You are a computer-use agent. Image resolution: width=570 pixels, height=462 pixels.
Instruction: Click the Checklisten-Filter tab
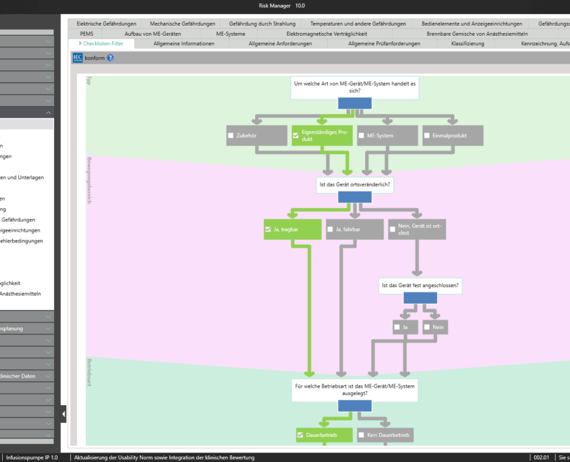(101, 44)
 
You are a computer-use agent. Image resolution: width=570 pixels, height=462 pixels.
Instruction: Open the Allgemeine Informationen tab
(183, 44)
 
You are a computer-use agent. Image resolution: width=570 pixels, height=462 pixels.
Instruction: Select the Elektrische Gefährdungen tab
(106, 24)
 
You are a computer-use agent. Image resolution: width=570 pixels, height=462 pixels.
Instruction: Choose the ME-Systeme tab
(231, 33)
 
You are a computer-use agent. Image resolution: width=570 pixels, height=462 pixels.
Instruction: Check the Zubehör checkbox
(231, 136)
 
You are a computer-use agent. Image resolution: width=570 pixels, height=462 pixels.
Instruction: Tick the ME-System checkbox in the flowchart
(362, 136)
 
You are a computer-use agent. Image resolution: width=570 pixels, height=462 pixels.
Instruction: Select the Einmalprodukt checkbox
(427, 136)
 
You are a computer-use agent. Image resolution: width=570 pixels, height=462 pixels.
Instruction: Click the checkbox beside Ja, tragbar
(268, 230)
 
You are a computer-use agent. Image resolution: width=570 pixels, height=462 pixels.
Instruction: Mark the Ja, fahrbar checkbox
(330, 230)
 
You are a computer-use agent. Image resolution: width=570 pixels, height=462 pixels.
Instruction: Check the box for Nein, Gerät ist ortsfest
(393, 230)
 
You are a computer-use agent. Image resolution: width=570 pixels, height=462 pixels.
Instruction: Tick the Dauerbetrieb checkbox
(300, 435)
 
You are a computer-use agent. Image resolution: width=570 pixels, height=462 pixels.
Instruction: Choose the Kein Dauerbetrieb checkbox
(362, 435)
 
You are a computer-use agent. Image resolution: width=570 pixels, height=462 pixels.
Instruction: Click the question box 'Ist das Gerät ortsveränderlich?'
(354, 184)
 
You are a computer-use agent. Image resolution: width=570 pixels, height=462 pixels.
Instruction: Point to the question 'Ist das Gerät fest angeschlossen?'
(420, 285)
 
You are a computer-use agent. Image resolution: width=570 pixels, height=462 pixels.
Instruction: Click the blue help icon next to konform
(111, 58)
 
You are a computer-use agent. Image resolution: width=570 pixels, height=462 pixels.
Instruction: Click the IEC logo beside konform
(78, 58)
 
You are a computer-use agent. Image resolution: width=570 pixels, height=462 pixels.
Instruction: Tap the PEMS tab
(86, 33)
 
